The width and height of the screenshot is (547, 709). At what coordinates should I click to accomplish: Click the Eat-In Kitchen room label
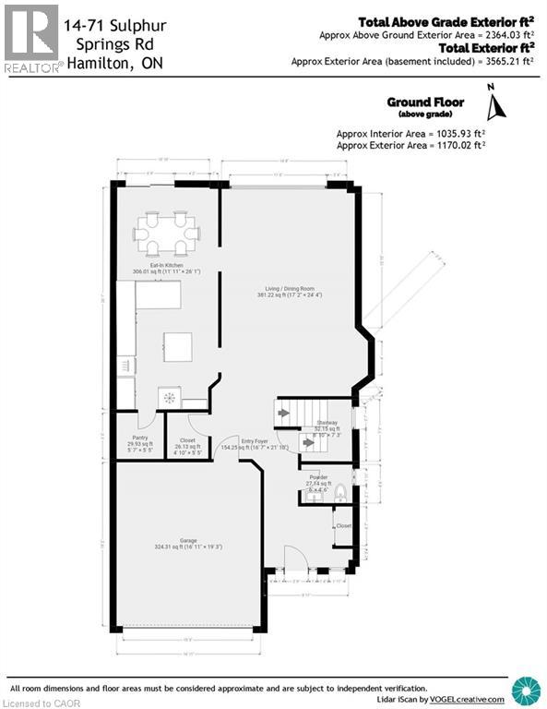pyautogui.click(x=155, y=266)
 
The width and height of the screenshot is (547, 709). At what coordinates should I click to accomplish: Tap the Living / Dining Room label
pyautogui.click(x=291, y=290)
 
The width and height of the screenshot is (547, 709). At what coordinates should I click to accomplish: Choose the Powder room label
pyautogui.click(x=318, y=477)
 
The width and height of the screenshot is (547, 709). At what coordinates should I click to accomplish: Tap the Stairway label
pyautogui.click(x=327, y=423)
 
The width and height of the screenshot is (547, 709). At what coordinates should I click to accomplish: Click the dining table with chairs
pyautogui.click(x=167, y=234)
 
